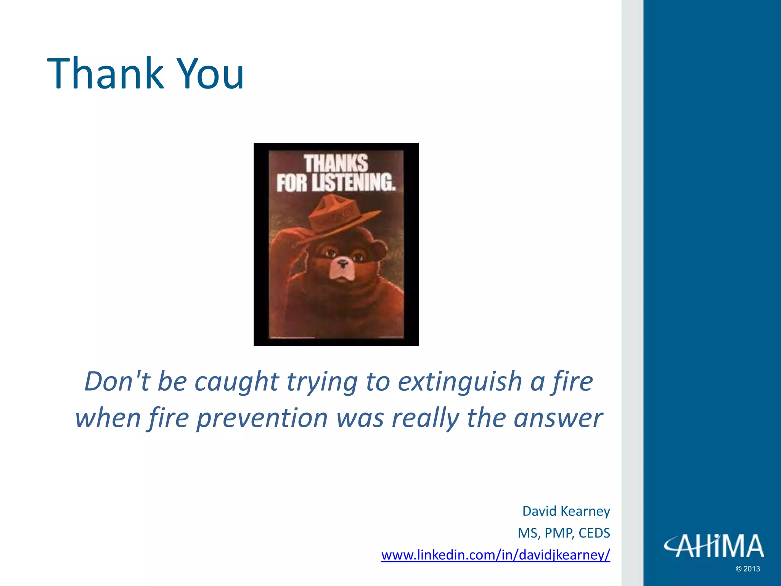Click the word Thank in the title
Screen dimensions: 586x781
pos(105,73)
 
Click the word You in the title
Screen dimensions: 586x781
pos(211,74)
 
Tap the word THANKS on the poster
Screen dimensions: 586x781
pos(336,163)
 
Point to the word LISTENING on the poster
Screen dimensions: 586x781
pos(353,182)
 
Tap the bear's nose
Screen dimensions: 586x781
pos(343,263)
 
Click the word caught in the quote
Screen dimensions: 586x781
pos(237,382)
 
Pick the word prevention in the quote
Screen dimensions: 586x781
pos(262,418)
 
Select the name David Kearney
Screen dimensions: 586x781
pos(566,511)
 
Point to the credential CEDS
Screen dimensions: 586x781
pos(594,533)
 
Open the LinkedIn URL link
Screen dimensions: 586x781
pos(495,555)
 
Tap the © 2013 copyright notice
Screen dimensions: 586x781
pos(747,569)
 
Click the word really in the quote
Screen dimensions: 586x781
pos(425,418)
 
